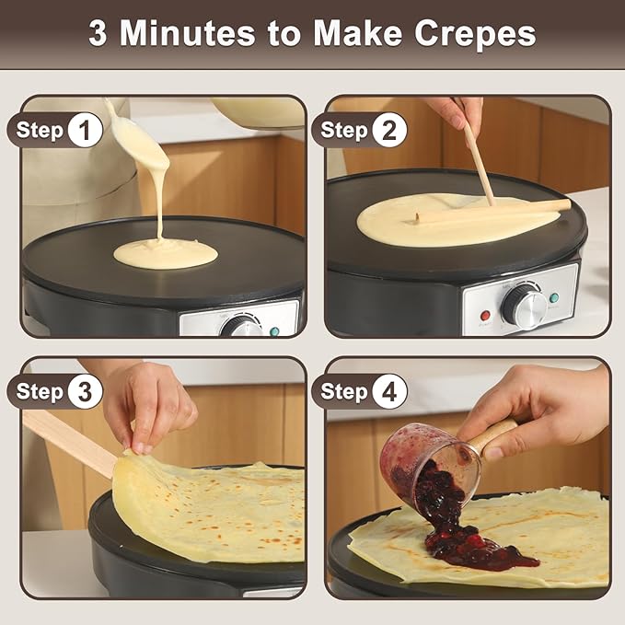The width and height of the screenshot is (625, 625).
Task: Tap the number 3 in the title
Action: [x=98, y=33]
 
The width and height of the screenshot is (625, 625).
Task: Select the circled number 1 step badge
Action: [x=85, y=131]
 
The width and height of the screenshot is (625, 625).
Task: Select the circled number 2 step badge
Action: [x=389, y=131]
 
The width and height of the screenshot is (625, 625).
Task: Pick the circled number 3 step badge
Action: [x=85, y=391]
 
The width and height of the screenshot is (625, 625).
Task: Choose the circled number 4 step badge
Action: [x=389, y=391]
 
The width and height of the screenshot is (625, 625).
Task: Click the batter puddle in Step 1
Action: [x=166, y=253]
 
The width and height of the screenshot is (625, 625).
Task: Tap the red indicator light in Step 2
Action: [x=485, y=315]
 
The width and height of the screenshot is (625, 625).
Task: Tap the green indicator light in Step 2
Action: [x=554, y=297]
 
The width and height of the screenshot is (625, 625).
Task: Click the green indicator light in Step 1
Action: [x=275, y=329]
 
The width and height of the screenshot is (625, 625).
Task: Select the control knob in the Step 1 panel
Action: [x=241, y=326]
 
